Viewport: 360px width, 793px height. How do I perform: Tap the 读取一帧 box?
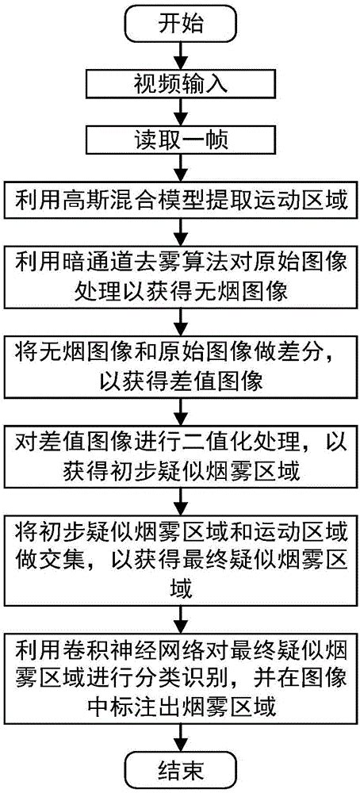(x=182, y=143)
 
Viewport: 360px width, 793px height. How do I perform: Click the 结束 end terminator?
(x=182, y=765)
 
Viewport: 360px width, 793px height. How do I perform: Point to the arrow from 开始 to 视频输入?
(x=182, y=56)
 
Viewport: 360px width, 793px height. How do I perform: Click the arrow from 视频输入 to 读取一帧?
(x=182, y=113)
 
